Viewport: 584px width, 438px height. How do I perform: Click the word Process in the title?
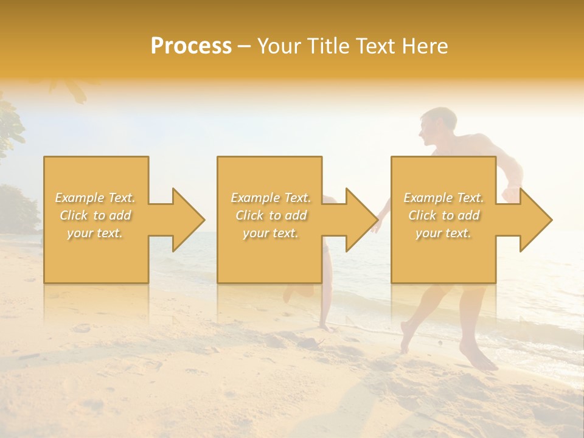click(191, 46)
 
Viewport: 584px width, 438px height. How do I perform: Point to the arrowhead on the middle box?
click(361, 220)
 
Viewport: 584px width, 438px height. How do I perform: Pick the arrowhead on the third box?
click(535, 220)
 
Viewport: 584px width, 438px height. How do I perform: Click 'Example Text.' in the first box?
click(96, 198)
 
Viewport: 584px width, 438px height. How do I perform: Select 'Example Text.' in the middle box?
click(270, 198)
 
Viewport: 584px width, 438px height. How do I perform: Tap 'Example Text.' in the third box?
click(443, 198)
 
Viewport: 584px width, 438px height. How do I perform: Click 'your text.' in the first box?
click(96, 233)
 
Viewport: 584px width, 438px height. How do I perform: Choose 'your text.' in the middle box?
click(270, 233)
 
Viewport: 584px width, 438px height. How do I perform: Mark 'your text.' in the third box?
click(443, 233)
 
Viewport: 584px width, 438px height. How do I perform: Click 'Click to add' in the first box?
click(96, 215)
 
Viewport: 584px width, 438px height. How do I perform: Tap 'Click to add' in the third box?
click(443, 215)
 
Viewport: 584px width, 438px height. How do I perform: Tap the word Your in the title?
click(277, 46)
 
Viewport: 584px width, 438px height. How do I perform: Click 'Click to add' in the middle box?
click(270, 215)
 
